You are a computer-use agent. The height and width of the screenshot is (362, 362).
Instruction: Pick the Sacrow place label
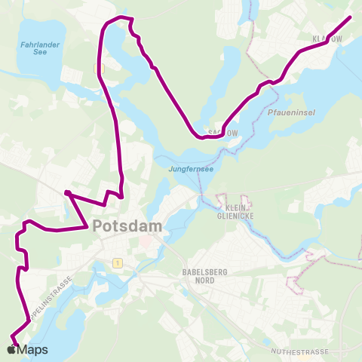coord(226,131)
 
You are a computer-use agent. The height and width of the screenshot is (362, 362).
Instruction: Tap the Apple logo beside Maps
coord(10,349)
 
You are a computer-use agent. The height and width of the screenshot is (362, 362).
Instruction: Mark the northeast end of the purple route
coord(351,17)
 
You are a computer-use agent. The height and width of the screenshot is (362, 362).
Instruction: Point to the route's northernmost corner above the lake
coord(121,17)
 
